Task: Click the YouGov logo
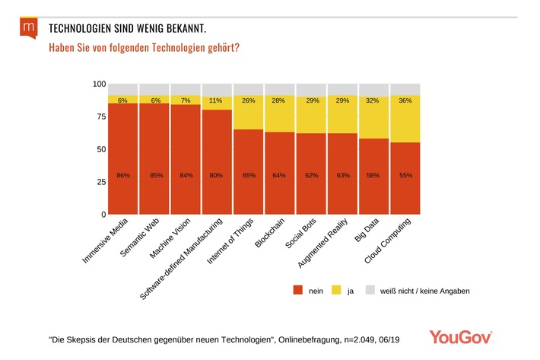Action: [461, 336]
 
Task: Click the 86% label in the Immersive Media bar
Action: [123, 176]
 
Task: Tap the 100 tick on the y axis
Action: [98, 84]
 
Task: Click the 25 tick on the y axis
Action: [100, 182]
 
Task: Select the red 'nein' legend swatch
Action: [297, 291]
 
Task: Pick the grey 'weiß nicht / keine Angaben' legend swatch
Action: [370, 291]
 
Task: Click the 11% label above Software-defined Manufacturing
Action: [217, 100]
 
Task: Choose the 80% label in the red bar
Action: [217, 176]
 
